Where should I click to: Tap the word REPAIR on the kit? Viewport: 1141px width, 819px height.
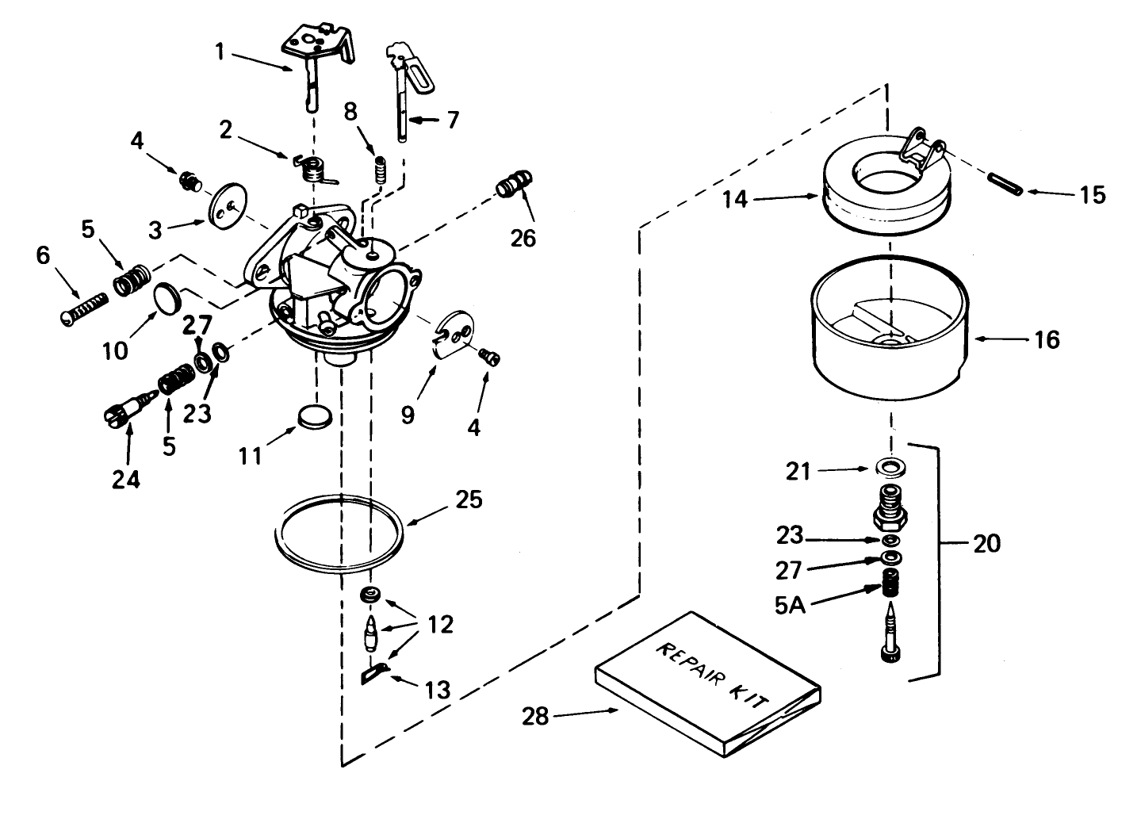tap(681, 660)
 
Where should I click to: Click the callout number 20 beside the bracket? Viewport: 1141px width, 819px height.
tap(986, 544)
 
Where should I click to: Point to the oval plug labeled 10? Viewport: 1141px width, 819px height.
tap(167, 297)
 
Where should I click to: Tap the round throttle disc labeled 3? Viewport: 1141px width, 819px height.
tap(224, 208)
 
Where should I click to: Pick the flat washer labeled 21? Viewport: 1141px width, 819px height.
tap(893, 466)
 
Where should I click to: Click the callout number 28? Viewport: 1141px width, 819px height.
tap(535, 716)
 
